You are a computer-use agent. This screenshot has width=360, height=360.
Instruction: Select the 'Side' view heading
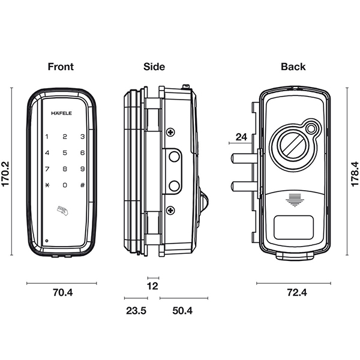click(x=154, y=67)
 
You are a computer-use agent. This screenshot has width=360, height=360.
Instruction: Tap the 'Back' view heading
click(x=293, y=67)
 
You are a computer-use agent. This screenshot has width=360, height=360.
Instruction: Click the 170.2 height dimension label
click(x=7, y=173)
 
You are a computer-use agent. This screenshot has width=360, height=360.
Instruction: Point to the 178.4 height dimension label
click(x=354, y=173)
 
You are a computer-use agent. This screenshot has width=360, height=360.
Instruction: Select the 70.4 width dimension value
click(x=62, y=293)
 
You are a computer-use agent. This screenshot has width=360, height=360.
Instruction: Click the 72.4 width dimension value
click(x=293, y=293)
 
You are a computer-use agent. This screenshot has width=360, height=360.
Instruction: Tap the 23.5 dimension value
click(x=135, y=311)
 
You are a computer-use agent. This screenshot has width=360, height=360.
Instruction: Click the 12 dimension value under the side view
click(x=152, y=286)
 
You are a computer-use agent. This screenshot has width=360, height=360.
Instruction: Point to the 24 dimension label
click(x=241, y=137)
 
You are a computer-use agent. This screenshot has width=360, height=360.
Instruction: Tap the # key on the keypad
click(x=82, y=185)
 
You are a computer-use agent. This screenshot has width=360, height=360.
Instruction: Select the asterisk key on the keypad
click(x=46, y=185)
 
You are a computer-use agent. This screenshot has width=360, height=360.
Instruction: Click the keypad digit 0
click(x=64, y=185)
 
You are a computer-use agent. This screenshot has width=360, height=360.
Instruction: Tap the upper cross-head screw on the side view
click(x=171, y=131)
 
